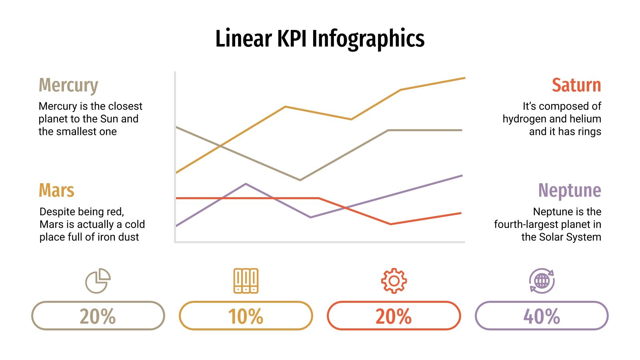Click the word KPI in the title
pos(292,39)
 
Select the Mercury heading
pos(68,85)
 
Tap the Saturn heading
pos(576,85)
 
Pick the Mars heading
pos(56,190)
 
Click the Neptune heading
pos(569,190)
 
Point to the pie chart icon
pos(98,281)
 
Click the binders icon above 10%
pos(246,281)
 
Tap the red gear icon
pos(394,281)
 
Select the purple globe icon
pos(542,281)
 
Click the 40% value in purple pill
pos(542,316)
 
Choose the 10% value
pos(246,316)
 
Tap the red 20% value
pos(394,316)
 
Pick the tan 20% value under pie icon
pos(98,316)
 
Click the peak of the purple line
pos(246,184)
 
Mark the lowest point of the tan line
pos(300,180)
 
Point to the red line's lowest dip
pos(391,224)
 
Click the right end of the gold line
pos(464,78)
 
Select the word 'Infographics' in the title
pos(368,39)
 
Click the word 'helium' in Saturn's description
pos(586,119)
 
